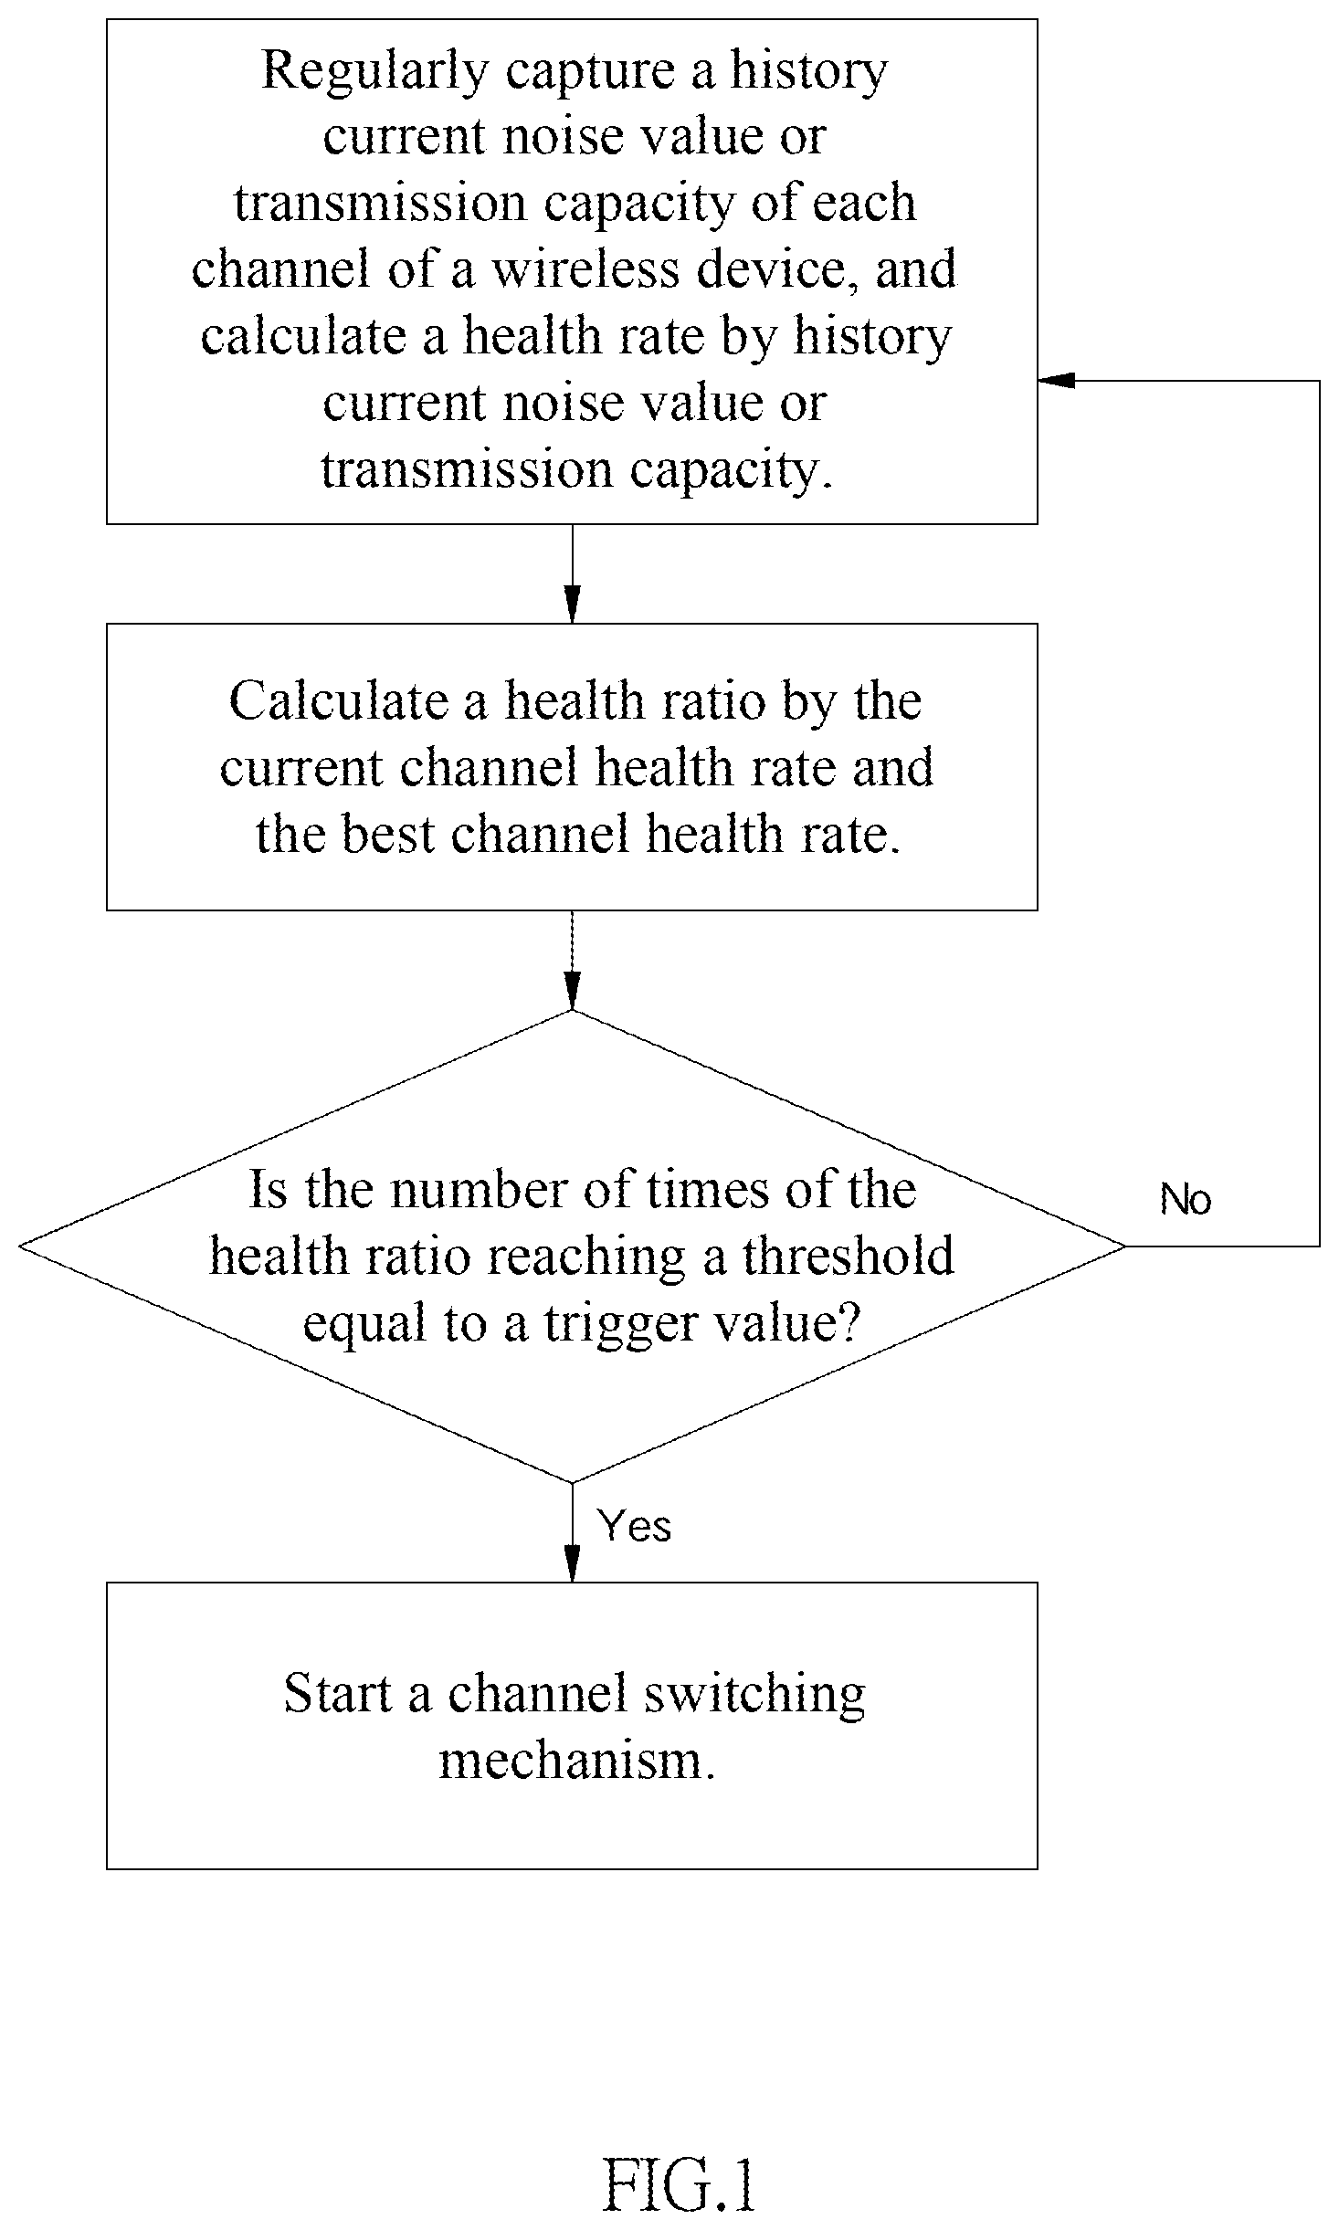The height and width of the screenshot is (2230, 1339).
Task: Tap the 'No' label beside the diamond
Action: (x=1185, y=1199)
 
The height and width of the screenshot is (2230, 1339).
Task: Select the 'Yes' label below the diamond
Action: (x=634, y=1526)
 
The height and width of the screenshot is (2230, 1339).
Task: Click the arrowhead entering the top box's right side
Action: (x=1055, y=380)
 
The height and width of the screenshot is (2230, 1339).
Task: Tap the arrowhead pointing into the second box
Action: (x=572, y=605)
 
